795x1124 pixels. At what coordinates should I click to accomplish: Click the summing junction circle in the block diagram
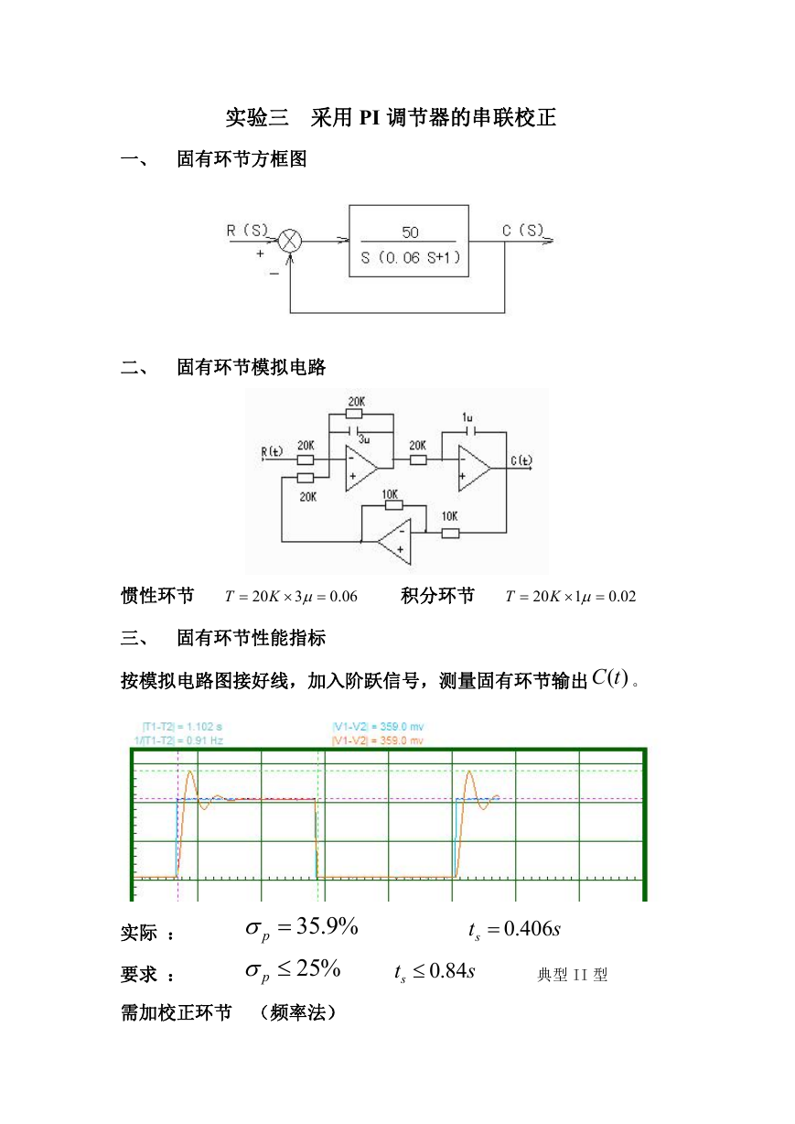point(290,241)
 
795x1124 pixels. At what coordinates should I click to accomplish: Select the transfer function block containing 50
point(409,241)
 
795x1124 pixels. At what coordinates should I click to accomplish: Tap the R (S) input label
point(247,231)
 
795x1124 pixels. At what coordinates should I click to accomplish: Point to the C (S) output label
point(523,231)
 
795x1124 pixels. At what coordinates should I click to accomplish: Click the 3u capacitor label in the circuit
point(364,439)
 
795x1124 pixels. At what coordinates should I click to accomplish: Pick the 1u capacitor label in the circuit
point(467,417)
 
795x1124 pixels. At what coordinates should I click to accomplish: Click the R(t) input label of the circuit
point(272,451)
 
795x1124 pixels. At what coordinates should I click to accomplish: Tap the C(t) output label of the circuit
point(521,460)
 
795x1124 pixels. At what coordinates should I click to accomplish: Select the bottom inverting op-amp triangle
point(394,542)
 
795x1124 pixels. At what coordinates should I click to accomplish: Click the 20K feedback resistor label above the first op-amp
point(357,402)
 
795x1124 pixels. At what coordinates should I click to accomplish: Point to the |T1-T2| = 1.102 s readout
point(183,727)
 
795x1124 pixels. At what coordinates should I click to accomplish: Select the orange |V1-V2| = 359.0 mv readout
point(378,740)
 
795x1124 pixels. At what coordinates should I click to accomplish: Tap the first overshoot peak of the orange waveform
point(190,773)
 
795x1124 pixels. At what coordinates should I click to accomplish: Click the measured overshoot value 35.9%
point(327,926)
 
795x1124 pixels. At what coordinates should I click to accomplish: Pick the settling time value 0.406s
point(532,929)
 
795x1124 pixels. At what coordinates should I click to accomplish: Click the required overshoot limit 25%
point(318,968)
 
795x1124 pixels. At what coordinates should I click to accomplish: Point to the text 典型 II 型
point(573,975)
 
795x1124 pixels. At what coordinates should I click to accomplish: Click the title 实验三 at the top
point(257,117)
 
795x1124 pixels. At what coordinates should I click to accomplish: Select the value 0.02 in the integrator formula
point(622,596)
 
